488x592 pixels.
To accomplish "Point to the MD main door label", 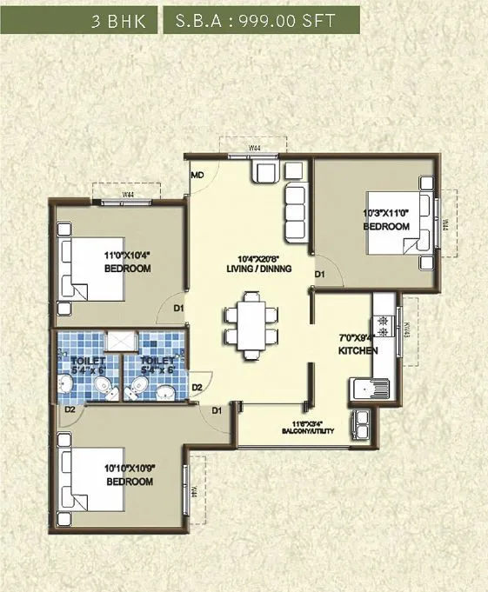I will (197, 175).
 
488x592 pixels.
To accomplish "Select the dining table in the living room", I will (252, 324).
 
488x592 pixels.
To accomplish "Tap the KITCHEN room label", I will (358, 350).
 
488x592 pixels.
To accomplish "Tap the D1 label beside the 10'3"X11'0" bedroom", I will (319, 275).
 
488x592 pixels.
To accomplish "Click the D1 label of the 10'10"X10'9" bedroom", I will (216, 409).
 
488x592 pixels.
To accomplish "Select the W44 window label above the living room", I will (255, 149).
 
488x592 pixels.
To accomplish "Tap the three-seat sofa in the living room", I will (296, 207).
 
